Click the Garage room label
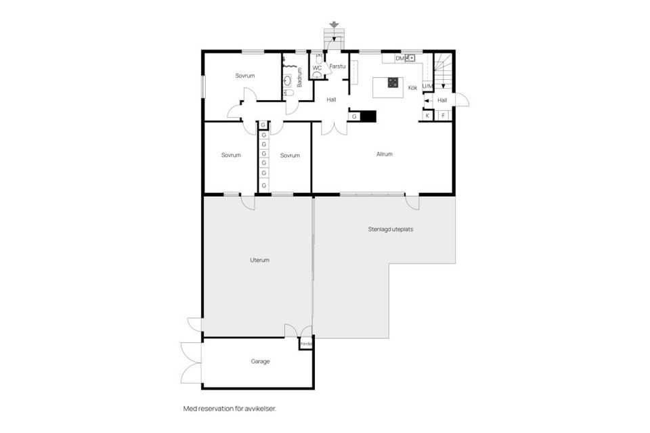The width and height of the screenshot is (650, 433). [x=260, y=361]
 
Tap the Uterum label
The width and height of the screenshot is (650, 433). [x=260, y=260]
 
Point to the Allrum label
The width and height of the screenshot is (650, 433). [x=385, y=154]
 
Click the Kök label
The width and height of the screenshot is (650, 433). [x=412, y=88]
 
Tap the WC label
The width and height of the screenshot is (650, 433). [x=316, y=68]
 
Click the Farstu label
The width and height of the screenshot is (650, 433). [x=337, y=66]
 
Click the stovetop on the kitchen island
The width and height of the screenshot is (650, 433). [x=393, y=83]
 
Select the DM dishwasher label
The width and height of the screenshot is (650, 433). [x=399, y=59]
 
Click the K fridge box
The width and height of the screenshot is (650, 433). [x=427, y=116]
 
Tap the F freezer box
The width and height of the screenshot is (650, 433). [x=443, y=116]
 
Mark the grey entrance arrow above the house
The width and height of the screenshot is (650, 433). [x=333, y=25]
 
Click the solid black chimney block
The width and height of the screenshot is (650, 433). [x=368, y=116]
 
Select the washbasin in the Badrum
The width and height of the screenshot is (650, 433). [x=288, y=81]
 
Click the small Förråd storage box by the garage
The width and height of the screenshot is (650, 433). [x=306, y=344]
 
